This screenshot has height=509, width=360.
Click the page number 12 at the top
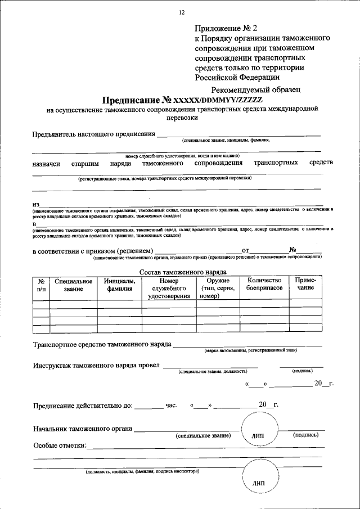pyautogui.click(x=181, y=12)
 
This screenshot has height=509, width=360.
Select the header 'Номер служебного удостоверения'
pyautogui.click(x=168, y=289)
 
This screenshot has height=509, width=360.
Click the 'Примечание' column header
pyautogui.click(x=305, y=284)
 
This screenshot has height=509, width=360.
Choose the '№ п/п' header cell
pyautogui.click(x=41, y=285)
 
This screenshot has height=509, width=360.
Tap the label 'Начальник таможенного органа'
pyautogui.click(x=82, y=429)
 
